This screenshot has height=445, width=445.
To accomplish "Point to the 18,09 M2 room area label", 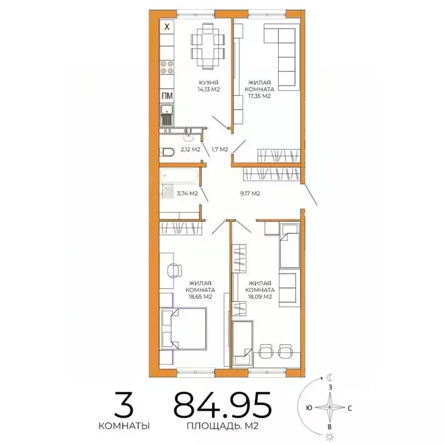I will (x=259, y=297).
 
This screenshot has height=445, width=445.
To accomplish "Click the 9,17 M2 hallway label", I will (x=250, y=194).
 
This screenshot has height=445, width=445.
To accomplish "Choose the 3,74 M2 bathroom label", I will (x=187, y=194).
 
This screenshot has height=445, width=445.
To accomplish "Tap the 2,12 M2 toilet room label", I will (x=190, y=149).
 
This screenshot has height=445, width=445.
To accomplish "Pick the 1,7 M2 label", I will (x=220, y=149).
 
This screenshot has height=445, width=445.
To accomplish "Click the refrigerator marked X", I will (x=167, y=27).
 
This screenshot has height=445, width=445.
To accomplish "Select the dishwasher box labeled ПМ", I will (x=166, y=96).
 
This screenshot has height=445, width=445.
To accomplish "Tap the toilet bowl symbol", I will (x=166, y=152).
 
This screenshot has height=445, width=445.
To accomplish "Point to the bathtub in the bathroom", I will (x=180, y=174).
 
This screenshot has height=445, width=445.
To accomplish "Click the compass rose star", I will (x=330, y=407).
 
